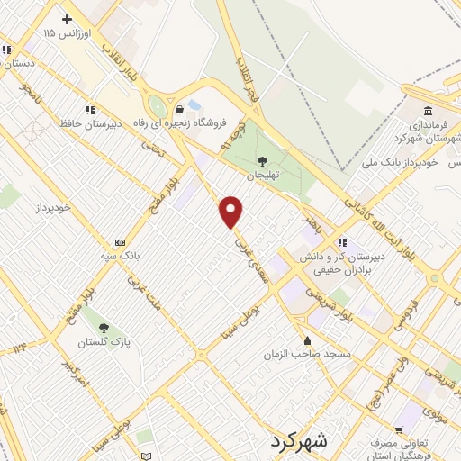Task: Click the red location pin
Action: [x=232, y=212]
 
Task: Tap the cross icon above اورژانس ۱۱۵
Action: [x=67, y=19]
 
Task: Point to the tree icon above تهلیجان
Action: [x=263, y=160]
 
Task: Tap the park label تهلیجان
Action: [x=264, y=174]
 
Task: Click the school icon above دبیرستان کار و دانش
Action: [x=342, y=242]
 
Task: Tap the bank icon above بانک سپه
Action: [x=120, y=243]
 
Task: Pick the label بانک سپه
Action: [x=120, y=256]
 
